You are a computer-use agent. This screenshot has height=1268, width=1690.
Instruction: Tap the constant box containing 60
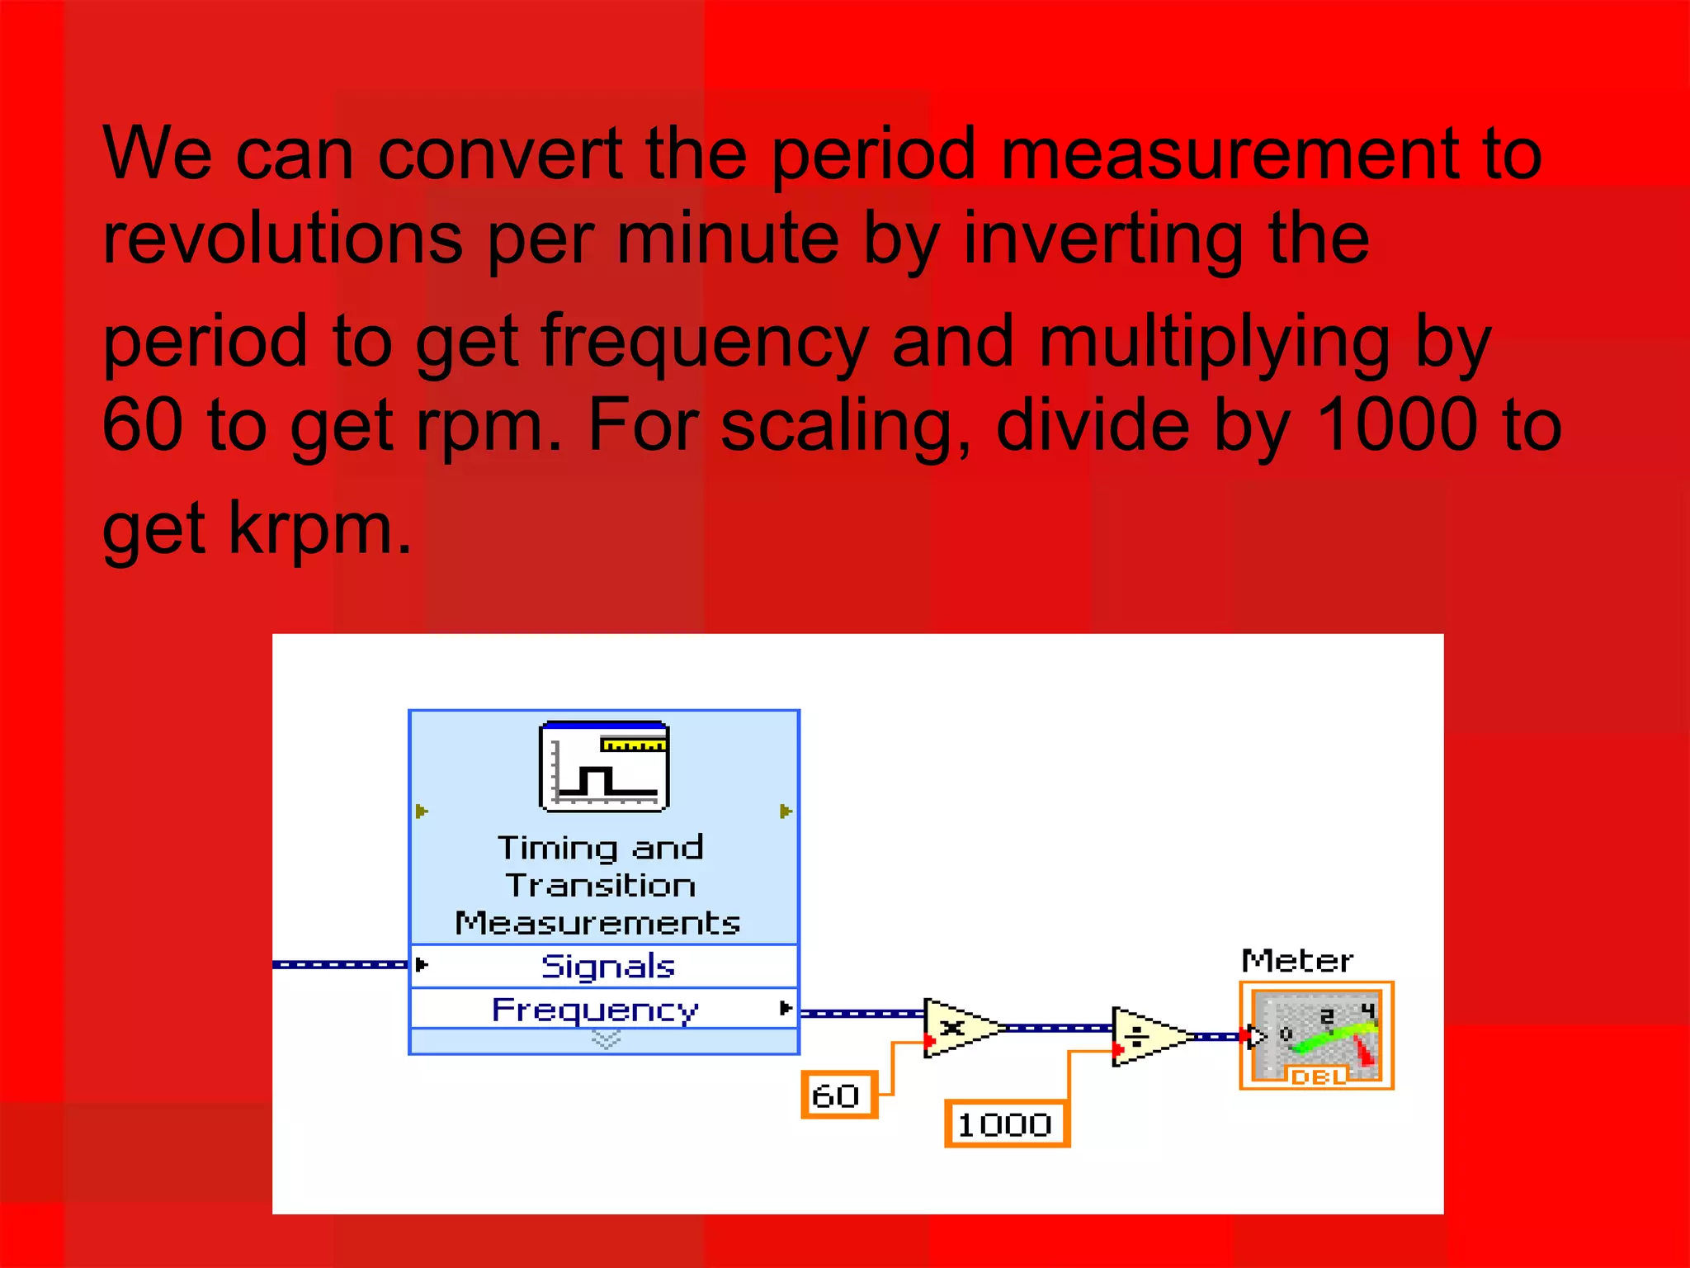[838, 1095]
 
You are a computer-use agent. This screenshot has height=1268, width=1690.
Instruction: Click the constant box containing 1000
[1006, 1124]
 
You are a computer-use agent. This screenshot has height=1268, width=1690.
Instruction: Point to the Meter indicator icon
[1316, 1035]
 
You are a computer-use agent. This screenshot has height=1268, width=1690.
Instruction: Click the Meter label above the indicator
[1296, 961]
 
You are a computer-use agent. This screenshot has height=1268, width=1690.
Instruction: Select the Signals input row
[607, 966]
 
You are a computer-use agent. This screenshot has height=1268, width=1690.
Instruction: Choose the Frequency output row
[596, 1009]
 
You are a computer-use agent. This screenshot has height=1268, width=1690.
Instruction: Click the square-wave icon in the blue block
[604, 766]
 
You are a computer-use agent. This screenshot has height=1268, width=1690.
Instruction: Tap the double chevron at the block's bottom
[606, 1041]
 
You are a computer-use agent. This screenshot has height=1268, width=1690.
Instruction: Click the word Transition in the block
[601, 885]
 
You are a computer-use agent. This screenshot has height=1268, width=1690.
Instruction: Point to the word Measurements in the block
[597, 923]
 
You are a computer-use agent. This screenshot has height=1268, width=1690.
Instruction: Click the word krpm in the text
[319, 528]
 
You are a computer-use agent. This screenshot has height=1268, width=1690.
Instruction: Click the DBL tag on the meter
[1317, 1076]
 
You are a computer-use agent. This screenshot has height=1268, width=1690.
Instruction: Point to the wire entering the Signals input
[338, 964]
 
